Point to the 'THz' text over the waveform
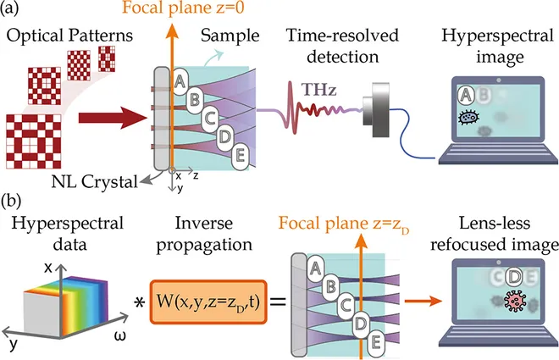pyautogui.click(x=319, y=86)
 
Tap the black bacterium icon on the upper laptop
pyautogui.click(x=466, y=119)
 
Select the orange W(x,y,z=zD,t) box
pyautogui.click(x=208, y=302)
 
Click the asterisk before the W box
pyautogui.click(x=138, y=302)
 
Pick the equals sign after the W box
pyautogui.click(x=280, y=302)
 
